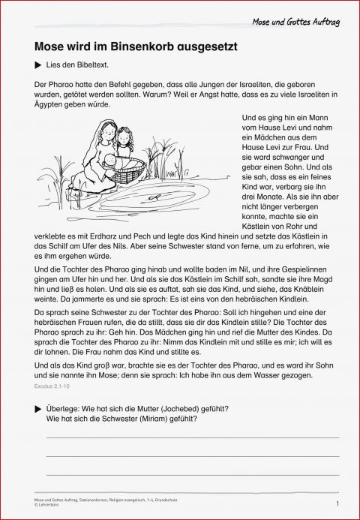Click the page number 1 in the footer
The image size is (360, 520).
(339, 503)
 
